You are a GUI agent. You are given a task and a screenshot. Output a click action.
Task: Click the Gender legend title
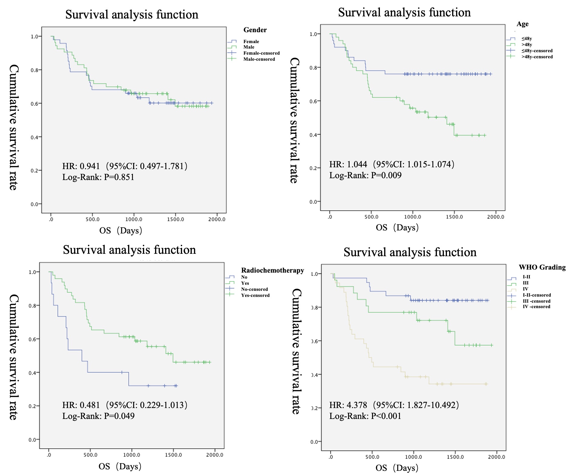(x=255, y=30)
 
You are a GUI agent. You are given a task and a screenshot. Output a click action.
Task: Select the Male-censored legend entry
(x=259, y=59)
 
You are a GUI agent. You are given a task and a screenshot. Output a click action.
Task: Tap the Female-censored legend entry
(x=261, y=53)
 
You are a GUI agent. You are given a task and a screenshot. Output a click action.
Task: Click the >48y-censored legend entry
(x=537, y=57)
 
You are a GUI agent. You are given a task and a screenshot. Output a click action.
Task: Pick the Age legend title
(x=522, y=24)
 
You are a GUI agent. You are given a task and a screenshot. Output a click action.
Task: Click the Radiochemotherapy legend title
(x=272, y=270)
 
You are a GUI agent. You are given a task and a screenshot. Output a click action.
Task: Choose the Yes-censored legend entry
(x=255, y=295)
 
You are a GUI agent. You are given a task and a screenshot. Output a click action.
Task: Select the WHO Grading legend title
(x=542, y=267)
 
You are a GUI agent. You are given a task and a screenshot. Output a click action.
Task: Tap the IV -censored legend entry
(x=536, y=307)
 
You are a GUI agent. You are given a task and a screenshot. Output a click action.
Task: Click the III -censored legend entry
(x=536, y=301)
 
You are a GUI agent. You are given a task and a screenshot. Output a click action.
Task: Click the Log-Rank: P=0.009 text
(x=365, y=175)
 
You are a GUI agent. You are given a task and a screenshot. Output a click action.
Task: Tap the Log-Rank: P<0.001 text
(x=365, y=416)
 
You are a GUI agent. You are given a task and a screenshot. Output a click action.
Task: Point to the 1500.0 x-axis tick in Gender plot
(x=175, y=219)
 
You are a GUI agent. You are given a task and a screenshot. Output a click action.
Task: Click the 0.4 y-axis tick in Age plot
(x=313, y=135)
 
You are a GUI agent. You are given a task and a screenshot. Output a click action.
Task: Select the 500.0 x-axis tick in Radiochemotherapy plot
(x=90, y=455)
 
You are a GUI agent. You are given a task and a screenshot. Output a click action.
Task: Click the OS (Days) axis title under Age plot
(x=397, y=227)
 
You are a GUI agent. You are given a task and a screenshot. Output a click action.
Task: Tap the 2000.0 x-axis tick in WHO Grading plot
(x=496, y=457)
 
